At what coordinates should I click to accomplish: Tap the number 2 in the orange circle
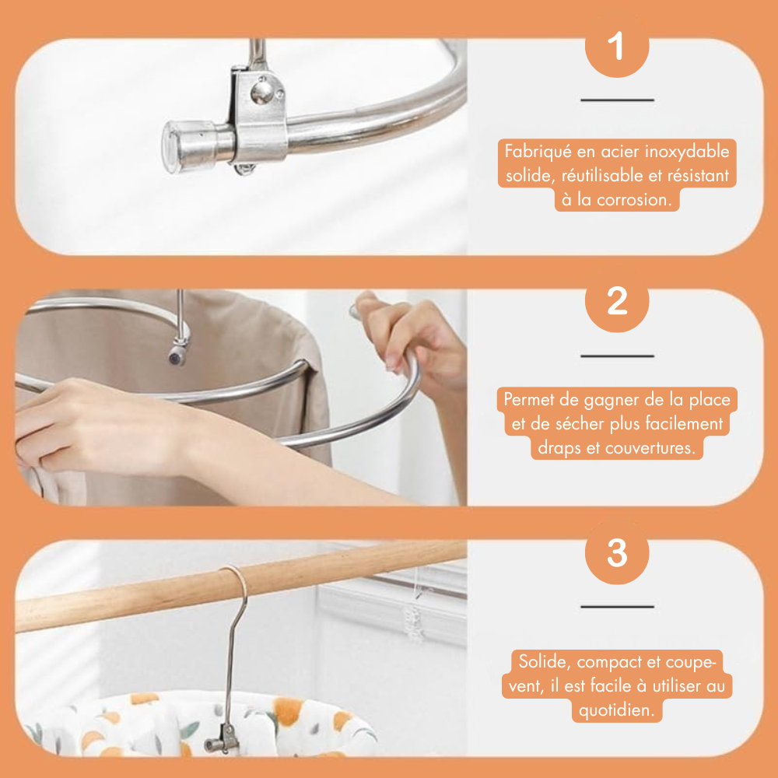pyautogui.click(x=617, y=300)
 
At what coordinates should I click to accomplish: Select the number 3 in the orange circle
pyautogui.click(x=617, y=552)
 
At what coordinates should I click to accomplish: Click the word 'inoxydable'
pyautogui.click(x=687, y=152)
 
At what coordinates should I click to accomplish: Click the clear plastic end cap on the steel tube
pyautogui.click(x=181, y=146)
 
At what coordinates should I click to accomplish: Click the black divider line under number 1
pyautogui.click(x=617, y=100)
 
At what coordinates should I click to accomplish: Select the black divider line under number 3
pyautogui.click(x=617, y=606)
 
